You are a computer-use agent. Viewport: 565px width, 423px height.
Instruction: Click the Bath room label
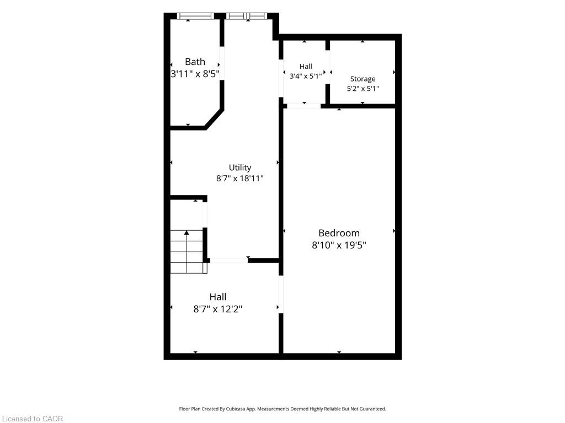click(x=195, y=62)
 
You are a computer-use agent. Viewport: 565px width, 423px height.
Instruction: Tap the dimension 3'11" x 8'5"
click(x=195, y=74)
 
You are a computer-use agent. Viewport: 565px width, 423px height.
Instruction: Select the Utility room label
click(x=240, y=167)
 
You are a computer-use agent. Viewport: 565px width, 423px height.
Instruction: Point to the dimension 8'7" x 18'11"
click(x=240, y=178)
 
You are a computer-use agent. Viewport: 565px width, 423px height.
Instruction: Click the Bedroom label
click(x=339, y=233)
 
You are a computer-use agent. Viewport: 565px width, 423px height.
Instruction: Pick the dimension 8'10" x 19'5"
click(x=339, y=245)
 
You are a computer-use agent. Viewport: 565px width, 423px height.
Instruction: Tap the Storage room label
click(x=363, y=79)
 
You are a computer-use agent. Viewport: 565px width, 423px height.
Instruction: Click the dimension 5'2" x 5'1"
click(x=363, y=89)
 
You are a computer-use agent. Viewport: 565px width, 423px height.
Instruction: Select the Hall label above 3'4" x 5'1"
click(x=306, y=67)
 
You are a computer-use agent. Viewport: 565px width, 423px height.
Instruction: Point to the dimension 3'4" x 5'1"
click(x=306, y=76)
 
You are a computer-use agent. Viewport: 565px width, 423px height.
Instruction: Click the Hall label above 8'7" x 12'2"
click(x=218, y=297)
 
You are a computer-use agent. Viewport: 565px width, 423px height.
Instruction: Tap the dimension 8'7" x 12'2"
click(x=218, y=310)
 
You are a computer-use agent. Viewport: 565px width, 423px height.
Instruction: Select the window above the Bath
click(x=195, y=16)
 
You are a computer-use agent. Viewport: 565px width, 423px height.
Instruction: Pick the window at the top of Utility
click(x=247, y=16)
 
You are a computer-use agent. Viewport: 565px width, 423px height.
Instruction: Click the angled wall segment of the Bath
click(x=214, y=118)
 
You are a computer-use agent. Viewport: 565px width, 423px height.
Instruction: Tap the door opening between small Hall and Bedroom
click(x=304, y=106)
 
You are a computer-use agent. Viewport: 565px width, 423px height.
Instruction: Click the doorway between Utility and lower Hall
click(x=229, y=260)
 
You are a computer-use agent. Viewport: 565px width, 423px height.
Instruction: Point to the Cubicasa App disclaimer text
click(x=282, y=409)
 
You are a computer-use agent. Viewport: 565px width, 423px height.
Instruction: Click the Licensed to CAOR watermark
click(x=33, y=419)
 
